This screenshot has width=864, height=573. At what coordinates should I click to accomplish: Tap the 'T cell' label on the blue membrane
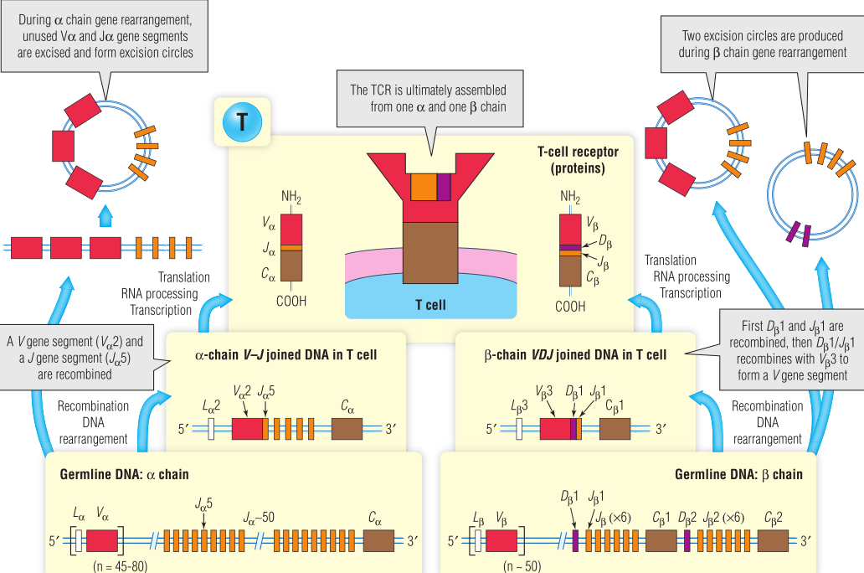click(431, 304)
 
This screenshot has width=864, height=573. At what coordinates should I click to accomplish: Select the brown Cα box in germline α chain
click(379, 539)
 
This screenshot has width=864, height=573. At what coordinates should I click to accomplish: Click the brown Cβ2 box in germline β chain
click(774, 539)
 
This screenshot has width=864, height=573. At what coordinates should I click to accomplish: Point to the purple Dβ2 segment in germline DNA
click(687, 539)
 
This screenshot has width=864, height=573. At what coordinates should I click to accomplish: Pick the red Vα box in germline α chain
click(102, 539)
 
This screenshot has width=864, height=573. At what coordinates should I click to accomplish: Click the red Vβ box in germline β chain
click(501, 539)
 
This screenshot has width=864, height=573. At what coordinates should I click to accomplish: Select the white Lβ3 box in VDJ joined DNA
click(520, 429)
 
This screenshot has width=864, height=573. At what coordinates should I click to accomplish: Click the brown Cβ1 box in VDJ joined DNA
click(614, 429)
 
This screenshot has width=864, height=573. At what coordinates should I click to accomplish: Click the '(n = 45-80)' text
click(119, 566)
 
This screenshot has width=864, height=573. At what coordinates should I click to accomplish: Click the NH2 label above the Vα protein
click(291, 198)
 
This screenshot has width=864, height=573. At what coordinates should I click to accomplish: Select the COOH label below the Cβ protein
click(570, 307)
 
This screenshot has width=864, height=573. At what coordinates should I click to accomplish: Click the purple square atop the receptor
click(444, 187)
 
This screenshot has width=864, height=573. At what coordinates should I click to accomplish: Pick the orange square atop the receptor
click(424, 187)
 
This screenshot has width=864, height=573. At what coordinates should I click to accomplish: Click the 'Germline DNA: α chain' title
click(125, 474)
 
